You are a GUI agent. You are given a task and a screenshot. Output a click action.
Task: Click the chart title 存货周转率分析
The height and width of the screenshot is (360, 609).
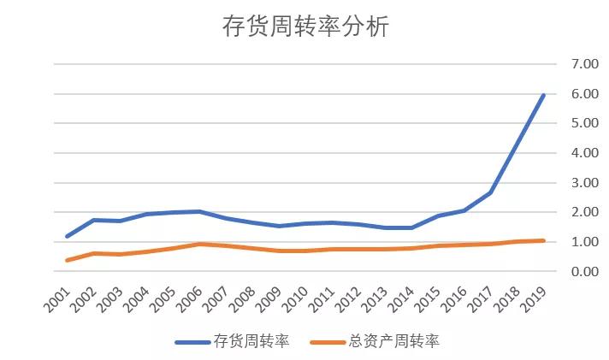305,27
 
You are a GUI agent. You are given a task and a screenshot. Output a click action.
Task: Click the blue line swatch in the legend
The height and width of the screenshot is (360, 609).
194,342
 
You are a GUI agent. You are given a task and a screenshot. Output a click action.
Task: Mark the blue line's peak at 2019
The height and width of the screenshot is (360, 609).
543,95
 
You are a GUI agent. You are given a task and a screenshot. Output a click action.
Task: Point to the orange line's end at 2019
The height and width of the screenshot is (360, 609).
543,240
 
